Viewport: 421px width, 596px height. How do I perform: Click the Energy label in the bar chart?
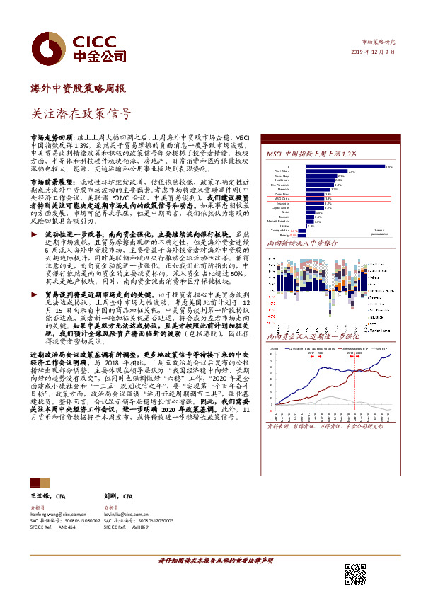pyautogui.click(x=282, y=234)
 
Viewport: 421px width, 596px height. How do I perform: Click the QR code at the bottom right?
pyautogui.click(x=355, y=574)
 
